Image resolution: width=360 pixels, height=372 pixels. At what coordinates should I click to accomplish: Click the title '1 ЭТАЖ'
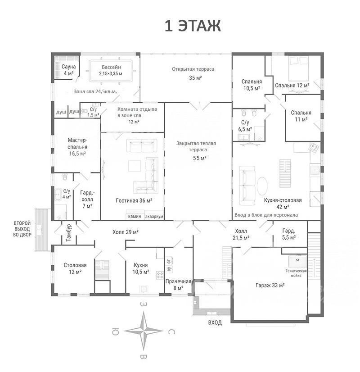193,26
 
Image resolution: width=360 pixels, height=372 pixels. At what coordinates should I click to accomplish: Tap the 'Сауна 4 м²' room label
68,70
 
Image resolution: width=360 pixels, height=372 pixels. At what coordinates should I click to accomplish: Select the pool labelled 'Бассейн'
111,70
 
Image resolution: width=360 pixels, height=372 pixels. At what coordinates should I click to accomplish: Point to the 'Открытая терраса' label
193,69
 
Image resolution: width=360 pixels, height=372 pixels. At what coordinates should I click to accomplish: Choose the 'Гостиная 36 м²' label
134,200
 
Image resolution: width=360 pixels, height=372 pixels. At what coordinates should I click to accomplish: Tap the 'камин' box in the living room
135,216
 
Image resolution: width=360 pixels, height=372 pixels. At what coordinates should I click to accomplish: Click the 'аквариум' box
154,216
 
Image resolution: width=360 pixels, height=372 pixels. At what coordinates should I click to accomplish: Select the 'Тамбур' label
69,233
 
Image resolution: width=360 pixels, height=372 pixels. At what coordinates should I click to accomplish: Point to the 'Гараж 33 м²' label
270,285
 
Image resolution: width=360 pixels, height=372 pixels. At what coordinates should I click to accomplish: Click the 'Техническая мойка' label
296,273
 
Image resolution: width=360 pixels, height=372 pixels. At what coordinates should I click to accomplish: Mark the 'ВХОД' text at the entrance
215,322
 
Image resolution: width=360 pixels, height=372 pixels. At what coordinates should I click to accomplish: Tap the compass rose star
144,331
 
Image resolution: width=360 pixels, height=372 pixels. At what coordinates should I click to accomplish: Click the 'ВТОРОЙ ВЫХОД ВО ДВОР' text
22,229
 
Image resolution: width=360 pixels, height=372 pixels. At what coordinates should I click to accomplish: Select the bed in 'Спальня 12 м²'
298,68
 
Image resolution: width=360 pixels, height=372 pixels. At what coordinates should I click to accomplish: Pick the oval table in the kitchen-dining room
262,186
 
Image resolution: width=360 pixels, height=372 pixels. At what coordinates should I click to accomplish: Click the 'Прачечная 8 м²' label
178,285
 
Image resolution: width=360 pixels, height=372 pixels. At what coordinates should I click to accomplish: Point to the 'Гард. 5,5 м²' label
289,234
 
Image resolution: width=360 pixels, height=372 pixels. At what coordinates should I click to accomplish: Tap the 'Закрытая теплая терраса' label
196,146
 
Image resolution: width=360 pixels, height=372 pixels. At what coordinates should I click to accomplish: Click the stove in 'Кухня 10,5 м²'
160,275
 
